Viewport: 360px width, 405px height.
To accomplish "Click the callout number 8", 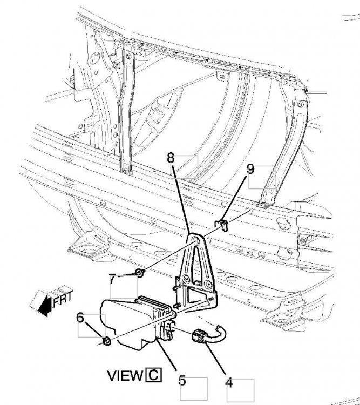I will click(x=171, y=159).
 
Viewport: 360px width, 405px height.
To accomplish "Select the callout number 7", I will click(x=112, y=279).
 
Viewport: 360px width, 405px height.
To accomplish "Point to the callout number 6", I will click(x=81, y=319).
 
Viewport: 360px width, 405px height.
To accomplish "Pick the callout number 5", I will click(x=182, y=380).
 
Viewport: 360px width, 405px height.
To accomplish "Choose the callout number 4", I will click(x=229, y=383).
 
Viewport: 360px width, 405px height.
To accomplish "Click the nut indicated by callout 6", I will click(x=106, y=341).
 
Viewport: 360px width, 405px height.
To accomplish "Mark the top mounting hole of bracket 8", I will click(x=193, y=241).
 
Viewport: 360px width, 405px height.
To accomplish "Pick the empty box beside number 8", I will click(x=188, y=167).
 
